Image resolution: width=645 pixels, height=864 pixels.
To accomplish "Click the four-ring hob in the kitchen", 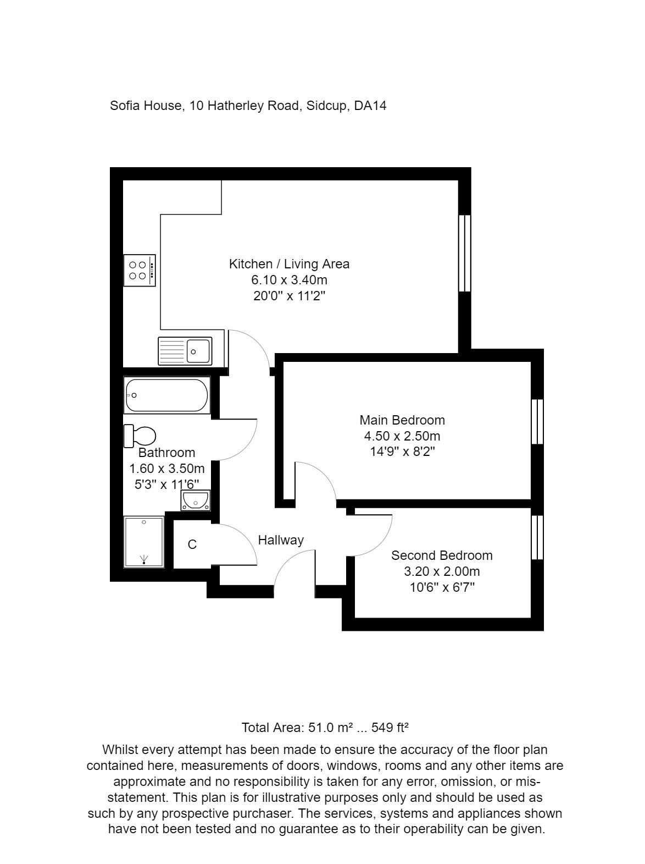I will [x=140, y=270].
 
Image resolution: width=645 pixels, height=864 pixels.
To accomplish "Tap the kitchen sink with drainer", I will [x=185, y=351].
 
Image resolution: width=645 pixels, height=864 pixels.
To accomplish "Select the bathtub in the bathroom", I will [x=167, y=395].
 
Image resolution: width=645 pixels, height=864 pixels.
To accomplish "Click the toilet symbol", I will [x=140, y=436].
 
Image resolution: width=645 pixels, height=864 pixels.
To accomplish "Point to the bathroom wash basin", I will [x=194, y=500].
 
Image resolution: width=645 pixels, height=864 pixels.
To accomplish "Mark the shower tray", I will [x=144, y=542].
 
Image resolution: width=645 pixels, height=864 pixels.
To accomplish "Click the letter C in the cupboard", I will [x=192, y=544].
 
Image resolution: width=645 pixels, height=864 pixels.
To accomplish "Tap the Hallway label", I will [x=281, y=540].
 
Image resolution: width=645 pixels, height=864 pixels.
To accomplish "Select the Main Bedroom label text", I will [x=402, y=420].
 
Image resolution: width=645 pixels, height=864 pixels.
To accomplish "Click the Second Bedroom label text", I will [x=442, y=555].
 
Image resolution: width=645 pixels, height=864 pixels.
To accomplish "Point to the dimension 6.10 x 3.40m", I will [x=289, y=280].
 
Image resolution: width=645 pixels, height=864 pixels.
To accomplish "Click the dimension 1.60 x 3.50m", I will [x=166, y=469].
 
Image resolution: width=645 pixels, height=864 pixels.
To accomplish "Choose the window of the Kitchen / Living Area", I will [x=465, y=252].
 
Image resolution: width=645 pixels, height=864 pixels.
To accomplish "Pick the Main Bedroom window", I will [x=537, y=421].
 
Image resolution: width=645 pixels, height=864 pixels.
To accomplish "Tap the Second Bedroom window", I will [x=537, y=537].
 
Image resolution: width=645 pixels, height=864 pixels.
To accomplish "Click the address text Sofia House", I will [x=146, y=106].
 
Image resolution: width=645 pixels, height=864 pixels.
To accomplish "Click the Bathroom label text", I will [x=166, y=453].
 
